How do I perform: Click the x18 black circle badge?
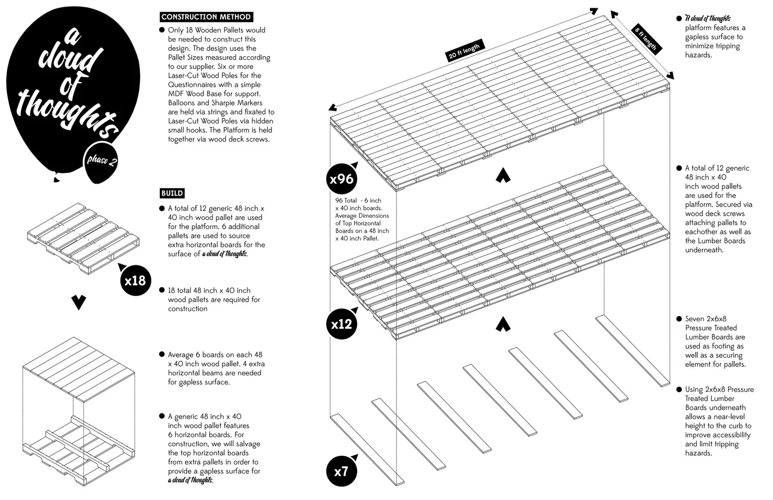pyautogui.click(x=135, y=281)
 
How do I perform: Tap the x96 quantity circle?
pyautogui.click(x=341, y=179)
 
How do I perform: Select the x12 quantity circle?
pyautogui.click(x=341, y=324)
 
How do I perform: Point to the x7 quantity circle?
pyautogui.click(x=341, y=471)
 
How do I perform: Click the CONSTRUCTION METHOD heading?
pyautogui.click(x=206, y=17)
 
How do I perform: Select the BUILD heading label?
pyautogui.click(x=172, y=193)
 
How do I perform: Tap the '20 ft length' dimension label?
pyautogui.click(x=464, y=52)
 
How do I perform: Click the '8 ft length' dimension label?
pyautogui.click(x=646, y=39)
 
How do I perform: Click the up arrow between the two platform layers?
pyautogui.click(x=503, y=176)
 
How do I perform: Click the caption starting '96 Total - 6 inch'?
pyautogui.click(x=362, y=219)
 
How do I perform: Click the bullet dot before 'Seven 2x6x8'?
pyautogui.click(x=679, y=319)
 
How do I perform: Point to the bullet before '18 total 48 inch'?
pyautogui.click(x=162, y=291)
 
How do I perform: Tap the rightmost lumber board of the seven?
pyautogui.click(x=633, y=350)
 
